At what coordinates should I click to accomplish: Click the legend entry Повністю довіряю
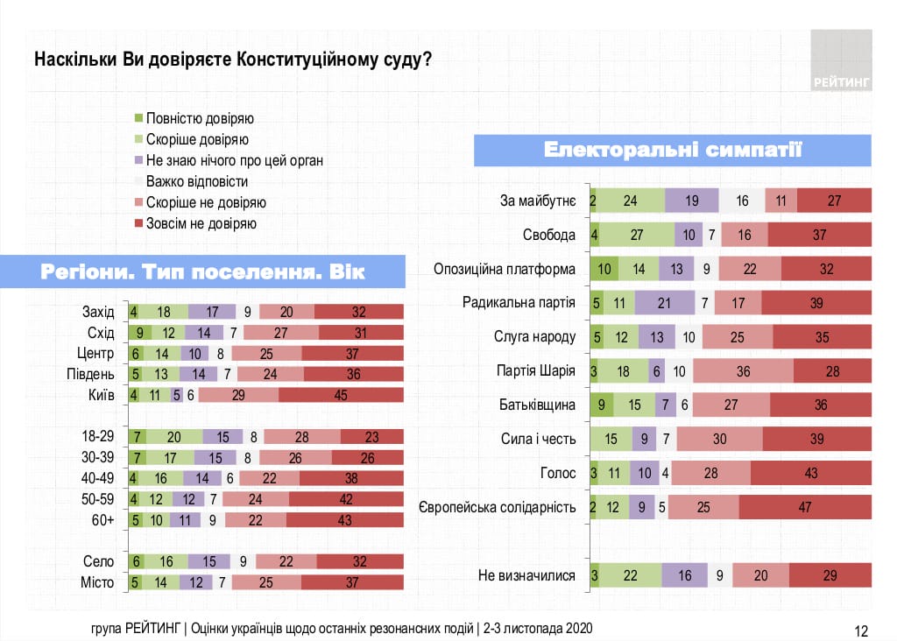[200, 119]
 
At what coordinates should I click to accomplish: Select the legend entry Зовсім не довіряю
[201, 223]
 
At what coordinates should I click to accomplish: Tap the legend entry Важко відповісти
[197, 182]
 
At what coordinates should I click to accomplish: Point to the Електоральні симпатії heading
[672, 150]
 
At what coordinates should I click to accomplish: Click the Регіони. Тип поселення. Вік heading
[202, 271]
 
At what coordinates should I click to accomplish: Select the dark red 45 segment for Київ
[341, 395]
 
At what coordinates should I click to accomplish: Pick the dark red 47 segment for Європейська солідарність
[805, 507]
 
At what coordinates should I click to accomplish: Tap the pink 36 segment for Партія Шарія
[744, 371]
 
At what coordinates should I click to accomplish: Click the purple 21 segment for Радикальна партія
[664, 303]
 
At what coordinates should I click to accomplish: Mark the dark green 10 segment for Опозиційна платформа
[604, 269]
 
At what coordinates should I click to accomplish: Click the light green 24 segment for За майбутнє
[630, 201]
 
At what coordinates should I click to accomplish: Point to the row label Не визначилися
[526, 575]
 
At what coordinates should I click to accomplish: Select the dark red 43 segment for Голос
[810, 473]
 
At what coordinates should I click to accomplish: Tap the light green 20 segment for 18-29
[174, 437]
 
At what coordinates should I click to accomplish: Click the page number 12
[860, 630]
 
